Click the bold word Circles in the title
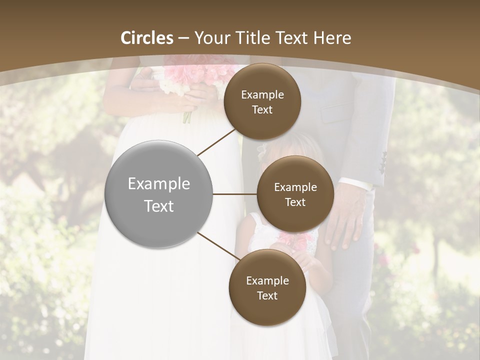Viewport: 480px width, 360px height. (x=147, y=38)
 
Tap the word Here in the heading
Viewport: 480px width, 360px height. (x=332, y=38)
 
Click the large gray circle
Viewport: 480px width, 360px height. (x=159, y=194)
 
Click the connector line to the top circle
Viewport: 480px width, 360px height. (x=217, y=142)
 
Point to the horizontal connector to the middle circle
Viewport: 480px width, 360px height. (x=234, y=194)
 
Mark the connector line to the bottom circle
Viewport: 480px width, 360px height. (x=218, y=246)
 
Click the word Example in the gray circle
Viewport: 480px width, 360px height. (x=159, y=184)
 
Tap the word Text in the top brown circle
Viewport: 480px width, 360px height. (x=262, y=109)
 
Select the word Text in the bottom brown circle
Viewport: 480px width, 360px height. (x=267, y=295)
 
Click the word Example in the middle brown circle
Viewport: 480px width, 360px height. (x=295, y=187)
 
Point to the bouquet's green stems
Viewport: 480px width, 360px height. (x=187, y=116)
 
